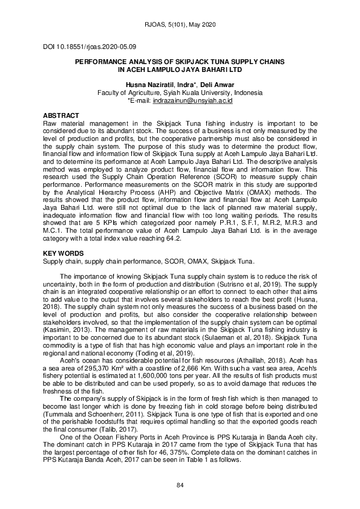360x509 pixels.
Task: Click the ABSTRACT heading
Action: [x=61, y=115]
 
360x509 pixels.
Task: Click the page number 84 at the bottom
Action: [x=180, y=485]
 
